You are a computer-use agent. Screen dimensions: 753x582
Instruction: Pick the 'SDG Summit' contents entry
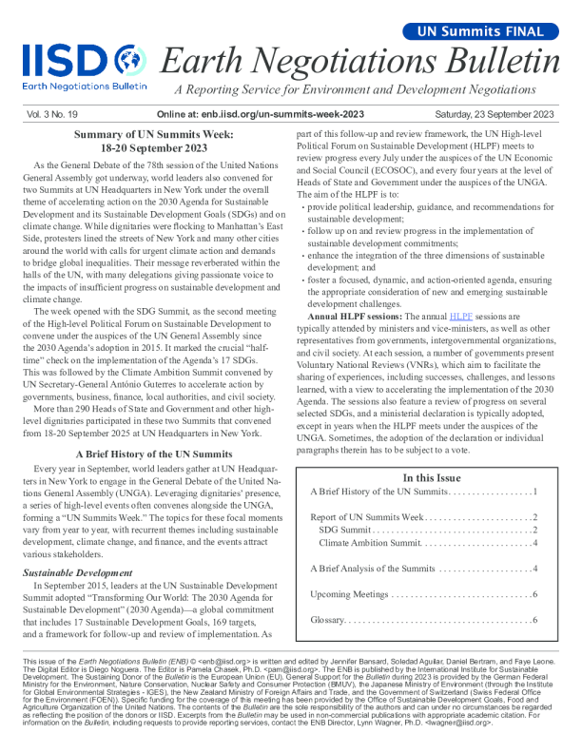[346, 529]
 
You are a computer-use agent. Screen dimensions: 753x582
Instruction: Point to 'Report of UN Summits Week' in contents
[367, 516]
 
